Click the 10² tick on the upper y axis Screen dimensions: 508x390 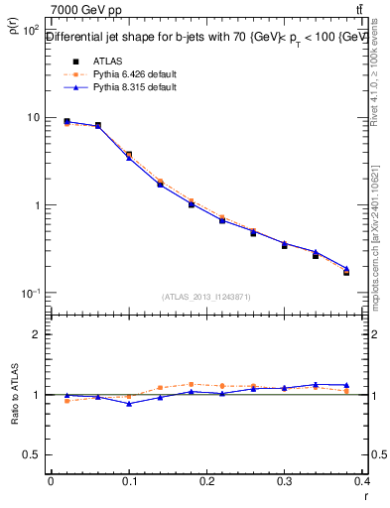pyautogui.click(x=31, y=31)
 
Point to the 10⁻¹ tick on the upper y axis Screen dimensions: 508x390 pyautogui.click(x=31, y=294)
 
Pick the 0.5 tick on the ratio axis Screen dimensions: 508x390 pyautogui.click(x=32, y=455)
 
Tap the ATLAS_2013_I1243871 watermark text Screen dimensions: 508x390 pyautogui.click(x=206, y=297)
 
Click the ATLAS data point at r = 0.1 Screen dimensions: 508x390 pyautogui.click(x=129, y=155)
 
